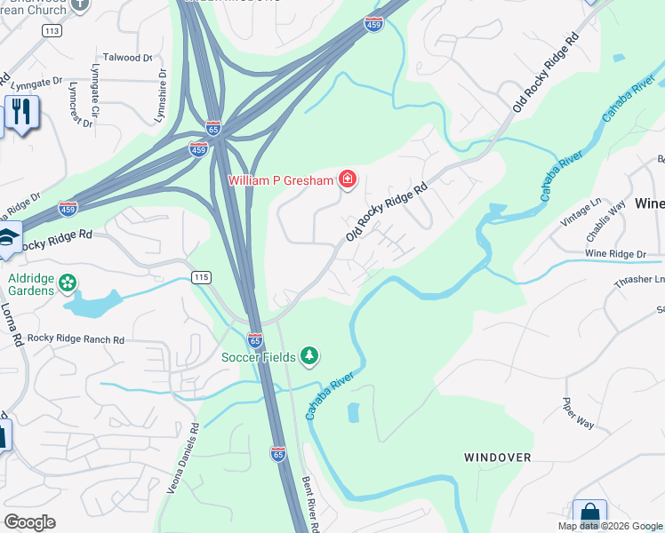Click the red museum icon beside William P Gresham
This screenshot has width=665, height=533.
(x=347, y=181)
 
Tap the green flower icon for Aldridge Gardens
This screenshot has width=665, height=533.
(x=67, y=285)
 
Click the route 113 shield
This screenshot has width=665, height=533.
(x=51, y=30)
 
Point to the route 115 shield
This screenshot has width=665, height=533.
(x=201, y=278)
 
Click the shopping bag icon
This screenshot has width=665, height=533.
(x=589, y=513)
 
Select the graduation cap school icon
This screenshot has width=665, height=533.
(x=7, y=239)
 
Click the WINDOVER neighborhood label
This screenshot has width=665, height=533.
(x=498, y=457)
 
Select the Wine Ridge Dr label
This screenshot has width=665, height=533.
(x=615, y=254)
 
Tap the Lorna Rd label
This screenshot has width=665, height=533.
(x=17, y=320)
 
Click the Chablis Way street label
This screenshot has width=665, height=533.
(x=605, y=223)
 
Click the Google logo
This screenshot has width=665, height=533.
(x=29, y=521)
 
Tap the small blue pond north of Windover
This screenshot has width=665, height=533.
(x=355, y=412)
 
